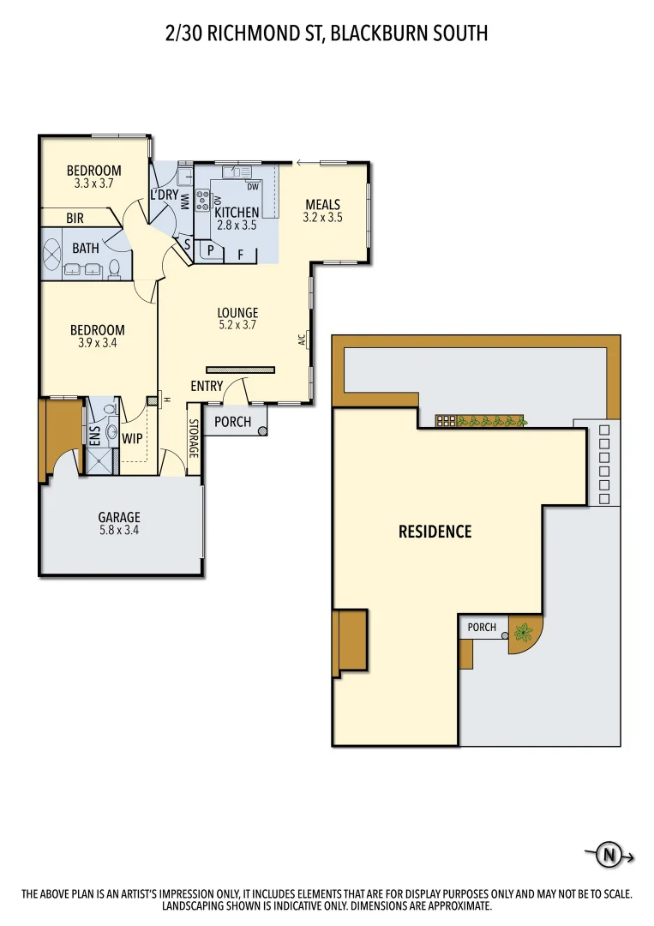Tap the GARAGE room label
(x=119, y=517)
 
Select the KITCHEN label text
(x=237, y=213)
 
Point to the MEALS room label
(x=322, y=205)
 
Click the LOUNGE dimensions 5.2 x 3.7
(x=237, y=325)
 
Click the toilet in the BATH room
(x=113, y=269)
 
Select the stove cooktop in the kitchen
(x=203, y=201)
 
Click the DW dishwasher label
(x=252, y=186)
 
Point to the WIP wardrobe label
(x=132, y=438)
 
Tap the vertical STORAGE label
(x=194, y=438)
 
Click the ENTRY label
(x=207, y=387)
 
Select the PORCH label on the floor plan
(x=232, y=422)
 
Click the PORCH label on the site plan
(x=482, y=627)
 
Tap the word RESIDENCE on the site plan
(x=435, y=532)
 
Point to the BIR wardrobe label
(x=75, y=219)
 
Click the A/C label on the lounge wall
(x=302, y=340)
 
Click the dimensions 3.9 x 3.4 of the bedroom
(x=97, y=343)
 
